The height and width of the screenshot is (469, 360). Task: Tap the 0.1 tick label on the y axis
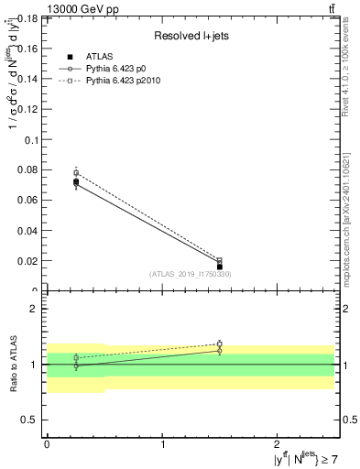pyautogui.click(x=31, y=140)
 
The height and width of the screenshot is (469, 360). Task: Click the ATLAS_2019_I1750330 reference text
pyautogui.click(x=191, y=274)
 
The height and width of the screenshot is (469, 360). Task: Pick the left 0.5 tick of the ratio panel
pyautogui.click(x=29, y=420)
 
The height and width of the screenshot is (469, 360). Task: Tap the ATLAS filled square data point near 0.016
pyautogui.click(x=219, y=267)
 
